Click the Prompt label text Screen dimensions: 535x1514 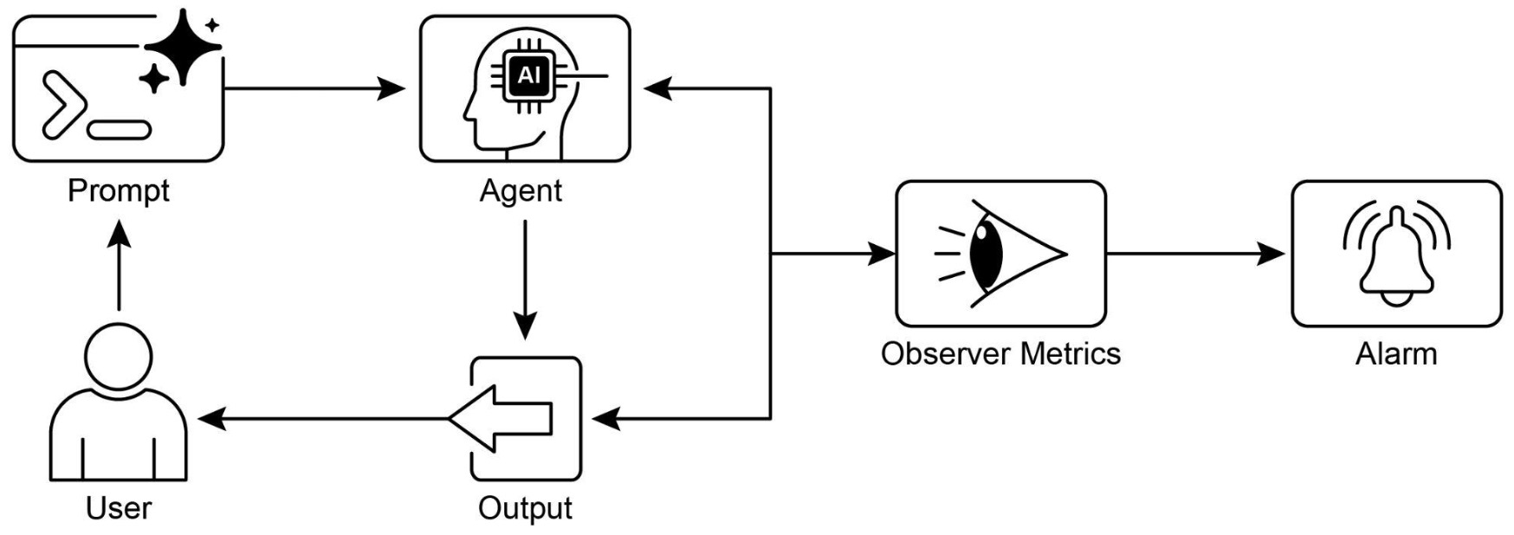[119, 190]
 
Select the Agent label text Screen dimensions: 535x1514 [521, 190]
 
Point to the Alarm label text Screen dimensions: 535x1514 [1395, 353]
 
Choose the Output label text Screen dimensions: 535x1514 [525, 508]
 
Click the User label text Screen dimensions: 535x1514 [119, 508]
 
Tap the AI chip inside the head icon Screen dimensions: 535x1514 [527, 76]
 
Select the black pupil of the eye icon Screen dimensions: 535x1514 [987, 254]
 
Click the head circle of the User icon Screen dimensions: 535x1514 [119, 356]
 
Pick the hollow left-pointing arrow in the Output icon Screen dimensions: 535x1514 [502, 419]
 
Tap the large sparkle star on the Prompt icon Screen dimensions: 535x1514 [183, 48]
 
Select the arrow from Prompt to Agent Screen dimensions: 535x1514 [312, 88]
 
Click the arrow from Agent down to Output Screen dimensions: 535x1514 [525, 277]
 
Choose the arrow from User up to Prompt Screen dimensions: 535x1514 [119, 264]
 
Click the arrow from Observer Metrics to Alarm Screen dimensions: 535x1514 [1195, 254]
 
